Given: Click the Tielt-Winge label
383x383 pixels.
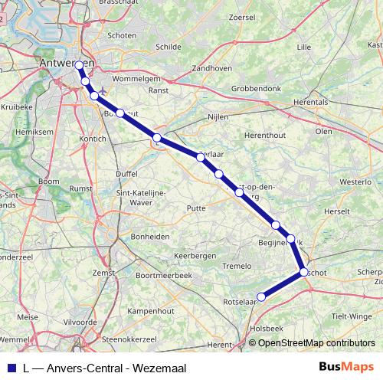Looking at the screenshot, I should [352, 316].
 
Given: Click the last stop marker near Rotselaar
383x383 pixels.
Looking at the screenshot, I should [261, 297].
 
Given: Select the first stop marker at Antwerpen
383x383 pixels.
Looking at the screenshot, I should [80, 66].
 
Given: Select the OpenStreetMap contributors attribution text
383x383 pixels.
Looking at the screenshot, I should [316, 342].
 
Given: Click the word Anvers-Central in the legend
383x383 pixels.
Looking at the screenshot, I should [87, 368].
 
